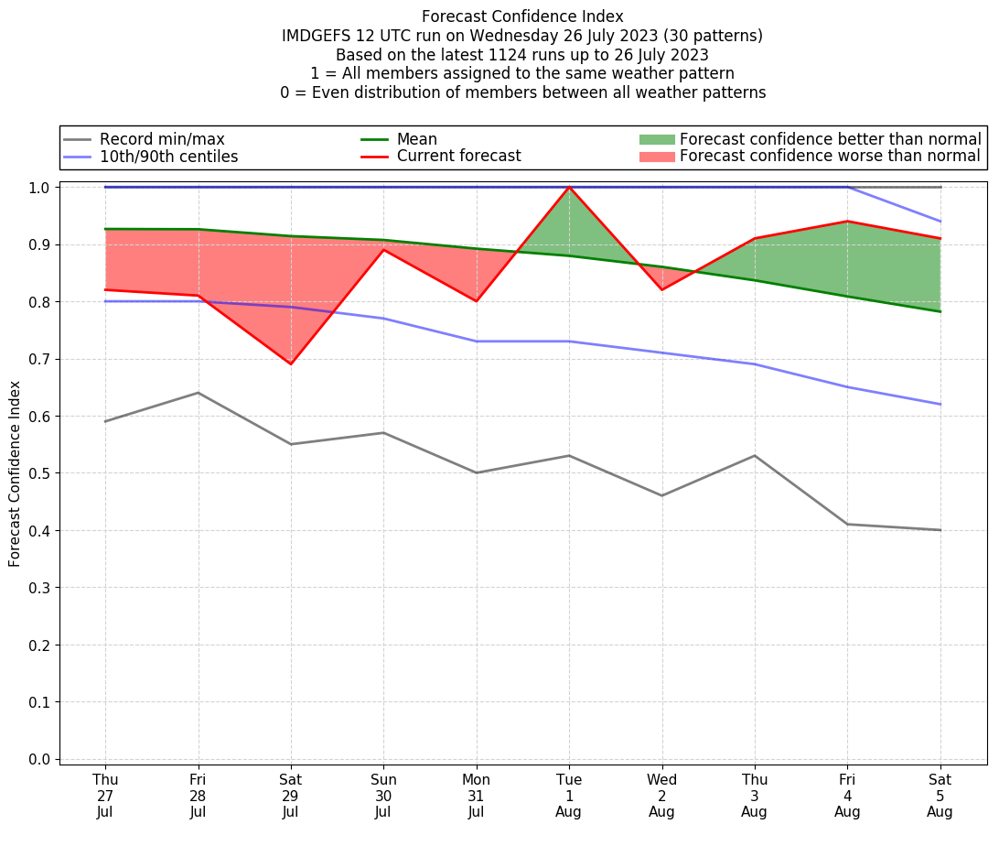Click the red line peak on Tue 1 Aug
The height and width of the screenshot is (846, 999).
(569, 187)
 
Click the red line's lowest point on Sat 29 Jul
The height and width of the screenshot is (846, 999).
(291, 364)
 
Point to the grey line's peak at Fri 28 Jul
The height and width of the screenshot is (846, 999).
(199, 393)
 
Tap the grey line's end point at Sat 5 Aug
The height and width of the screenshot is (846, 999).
(940, 530)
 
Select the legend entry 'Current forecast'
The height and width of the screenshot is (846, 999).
(458, 157)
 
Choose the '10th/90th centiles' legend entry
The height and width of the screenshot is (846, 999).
(168, 157)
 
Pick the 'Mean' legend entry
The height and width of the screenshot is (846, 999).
(416, 139)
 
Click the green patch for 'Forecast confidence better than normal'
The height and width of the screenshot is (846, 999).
(656, 139)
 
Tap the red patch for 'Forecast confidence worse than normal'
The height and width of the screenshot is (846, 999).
(656, 157)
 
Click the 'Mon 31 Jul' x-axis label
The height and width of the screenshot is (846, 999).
(477, 795)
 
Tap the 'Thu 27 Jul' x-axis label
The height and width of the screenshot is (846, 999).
(105, 795)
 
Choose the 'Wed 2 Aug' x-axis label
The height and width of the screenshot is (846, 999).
(662, 795)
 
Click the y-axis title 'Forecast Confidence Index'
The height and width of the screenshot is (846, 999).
(15, 473)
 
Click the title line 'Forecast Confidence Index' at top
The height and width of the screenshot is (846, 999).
(522, 16)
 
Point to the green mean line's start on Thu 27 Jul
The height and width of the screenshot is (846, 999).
(105, 229)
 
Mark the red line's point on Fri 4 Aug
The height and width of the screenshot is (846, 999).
(847, 221)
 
